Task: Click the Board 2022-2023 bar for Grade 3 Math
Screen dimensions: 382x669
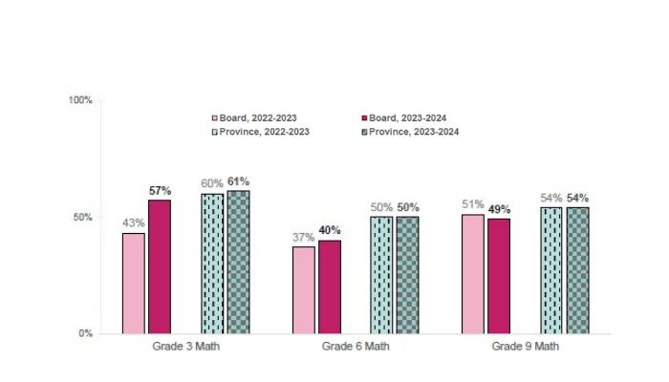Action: (x=133, y=284)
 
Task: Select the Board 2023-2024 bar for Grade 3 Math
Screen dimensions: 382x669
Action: (x=160, y=267)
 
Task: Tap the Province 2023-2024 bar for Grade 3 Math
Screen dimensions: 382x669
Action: (x=238, y=263)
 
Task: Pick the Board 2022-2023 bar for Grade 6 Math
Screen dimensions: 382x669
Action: (x=303, y=290)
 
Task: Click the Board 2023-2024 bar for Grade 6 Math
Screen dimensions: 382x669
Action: (x=330, y=286)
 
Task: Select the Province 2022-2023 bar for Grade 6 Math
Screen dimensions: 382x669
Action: (x=381, y=275)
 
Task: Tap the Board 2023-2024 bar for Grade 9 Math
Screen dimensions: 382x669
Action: (x=499, y=276)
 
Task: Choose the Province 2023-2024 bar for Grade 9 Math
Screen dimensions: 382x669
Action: (x=577, y=270)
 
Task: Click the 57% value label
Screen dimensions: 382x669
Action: (x=160, y=191)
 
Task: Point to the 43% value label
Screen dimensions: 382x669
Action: (x=133, y=223)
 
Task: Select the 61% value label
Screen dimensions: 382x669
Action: (x=238, y=181)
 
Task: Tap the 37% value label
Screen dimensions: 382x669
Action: (x=303, y=237)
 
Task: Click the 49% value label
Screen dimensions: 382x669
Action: (x=499, y=209)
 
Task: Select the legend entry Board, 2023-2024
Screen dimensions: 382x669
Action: (x=403, y=117)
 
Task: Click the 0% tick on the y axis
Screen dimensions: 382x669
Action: (x=85, y=334)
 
